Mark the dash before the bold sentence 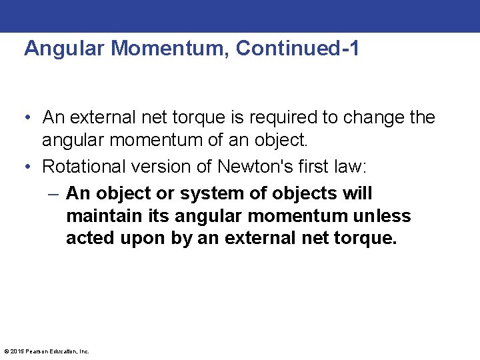pyautogui.click(x=53, y=194)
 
